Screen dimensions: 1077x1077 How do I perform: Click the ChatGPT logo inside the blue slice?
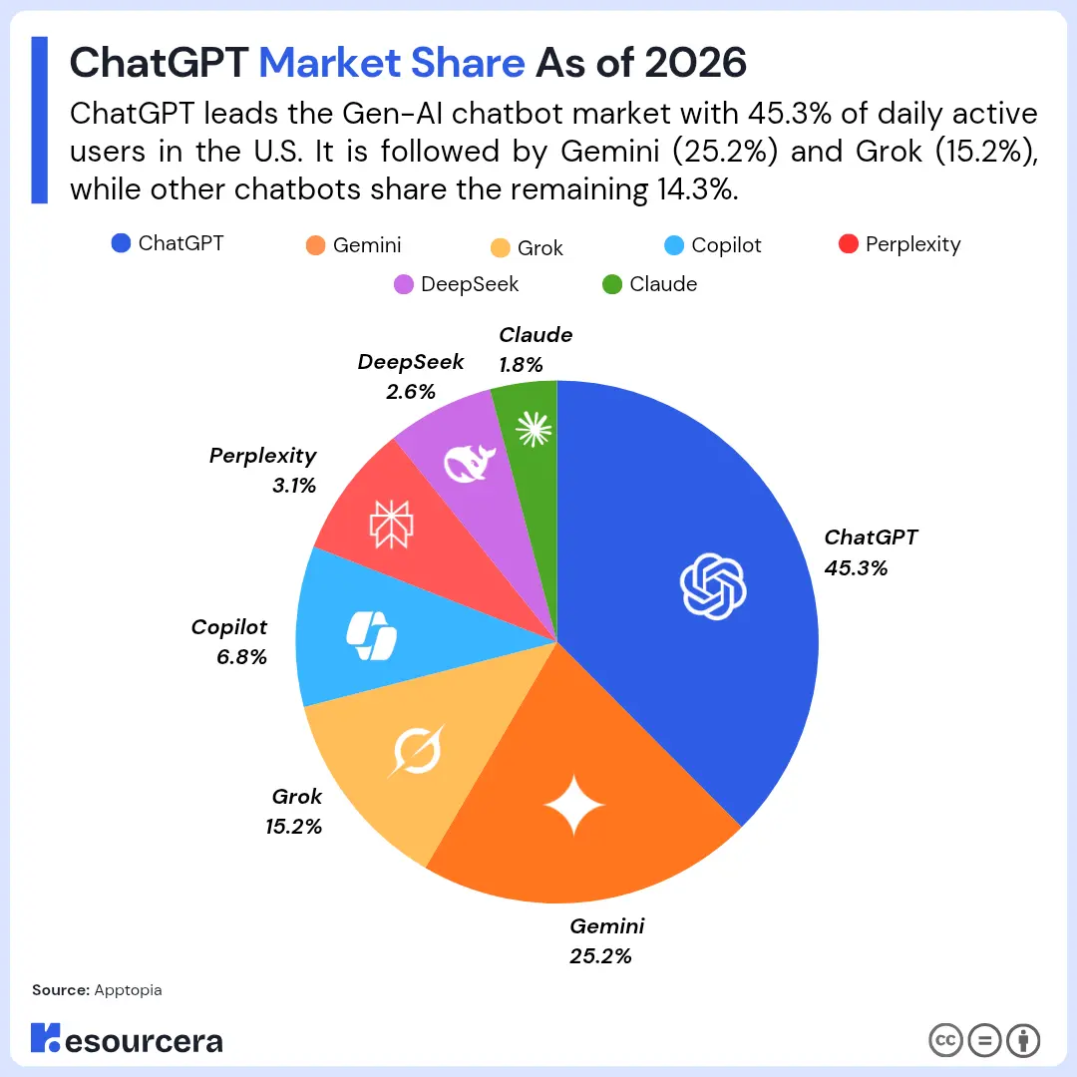(712, 585)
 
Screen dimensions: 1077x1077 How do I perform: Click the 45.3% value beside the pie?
(856, 568)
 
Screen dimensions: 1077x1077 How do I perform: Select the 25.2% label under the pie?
(600, 956)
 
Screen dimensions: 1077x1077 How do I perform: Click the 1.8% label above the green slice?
(521, 365)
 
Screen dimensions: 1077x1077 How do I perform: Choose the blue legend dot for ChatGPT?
(122, 242)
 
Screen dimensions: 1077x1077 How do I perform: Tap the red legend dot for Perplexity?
(849, 244)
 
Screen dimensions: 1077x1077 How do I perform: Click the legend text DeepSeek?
(470, 284)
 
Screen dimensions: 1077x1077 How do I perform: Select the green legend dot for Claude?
(612, 284)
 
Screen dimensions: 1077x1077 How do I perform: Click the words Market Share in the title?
(392, 63)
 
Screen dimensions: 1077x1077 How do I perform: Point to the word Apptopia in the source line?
(128, 990)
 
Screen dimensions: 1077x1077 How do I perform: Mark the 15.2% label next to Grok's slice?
(292, 826)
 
